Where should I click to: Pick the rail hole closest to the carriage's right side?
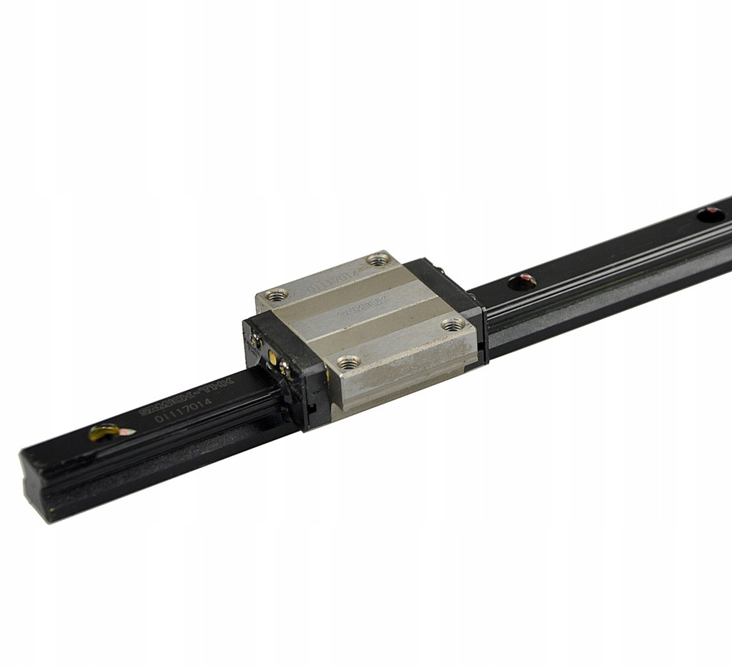[523, 281]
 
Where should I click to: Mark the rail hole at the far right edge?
[711, 214]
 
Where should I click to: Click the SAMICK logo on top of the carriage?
[373, 303]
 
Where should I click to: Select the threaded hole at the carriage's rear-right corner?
[379, 259]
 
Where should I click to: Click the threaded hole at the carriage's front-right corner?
[452, 325]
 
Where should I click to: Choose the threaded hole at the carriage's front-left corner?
[348, 362]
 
